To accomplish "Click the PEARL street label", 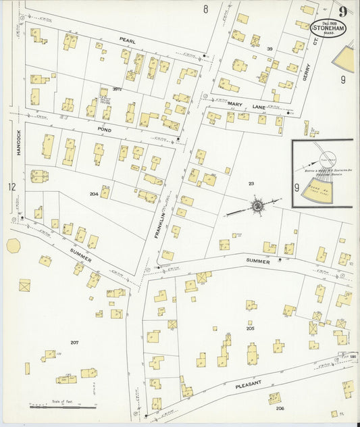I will (x=128, y=41).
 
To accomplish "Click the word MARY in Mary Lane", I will (x=235, y=103).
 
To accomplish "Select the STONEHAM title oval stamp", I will (x=330, y=29).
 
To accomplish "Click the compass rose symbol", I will (x=257, y=204).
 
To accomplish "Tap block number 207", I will (x=74, y=343).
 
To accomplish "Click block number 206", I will (x=280, y=408).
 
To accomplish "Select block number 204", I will (x=94, y=193).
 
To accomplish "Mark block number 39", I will (x=269, y=49).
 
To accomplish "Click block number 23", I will (x=251, y=183).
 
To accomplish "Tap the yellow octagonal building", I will (x=13, y=245).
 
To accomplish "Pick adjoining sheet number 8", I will (x=205, y=9).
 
